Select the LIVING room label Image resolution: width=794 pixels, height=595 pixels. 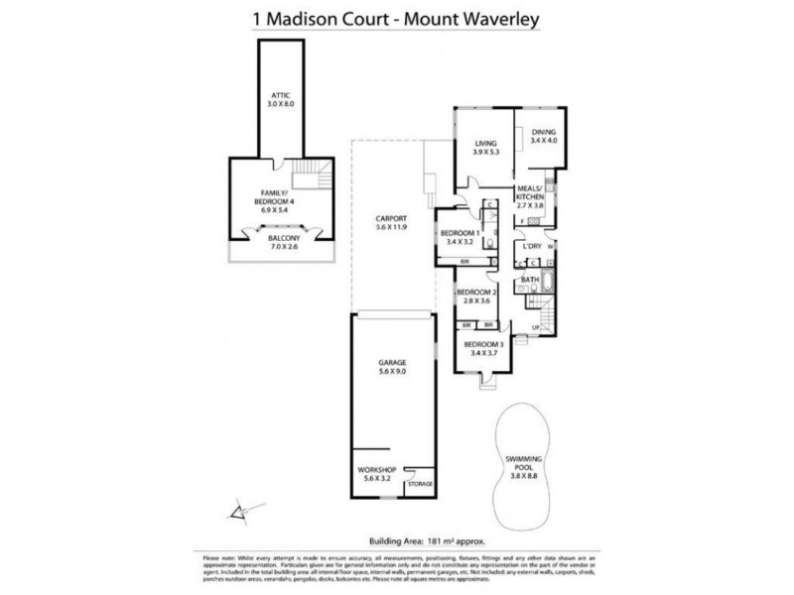tap(483, 147)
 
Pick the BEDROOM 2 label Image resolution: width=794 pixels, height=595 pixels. tap(475, 297)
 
